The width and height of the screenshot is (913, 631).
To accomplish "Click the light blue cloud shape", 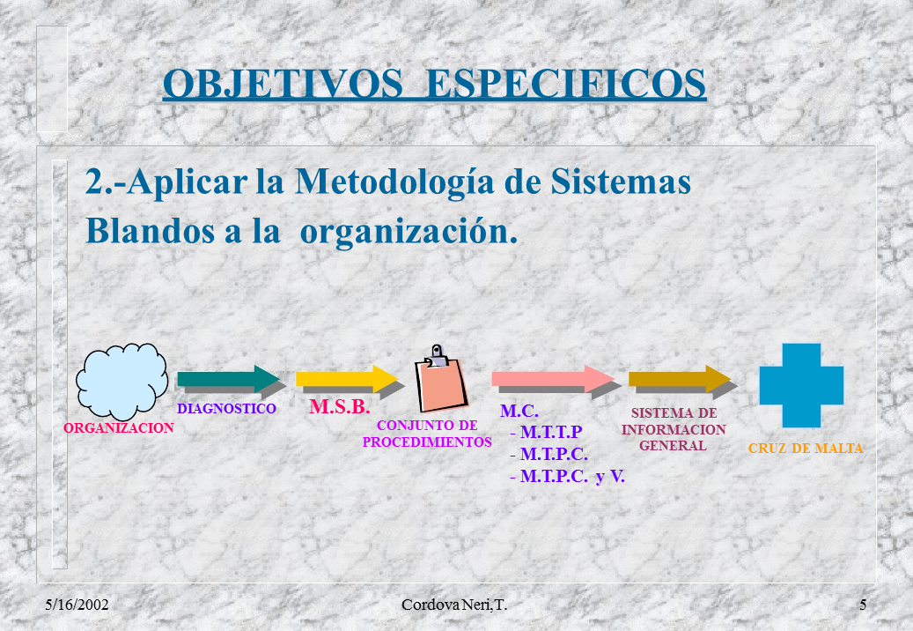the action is point(121,381).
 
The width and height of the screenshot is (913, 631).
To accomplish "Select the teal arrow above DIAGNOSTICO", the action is point(229,379).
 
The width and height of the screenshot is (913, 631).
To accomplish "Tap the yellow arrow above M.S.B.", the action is point(347,379).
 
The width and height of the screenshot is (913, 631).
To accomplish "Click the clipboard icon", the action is point(441,379).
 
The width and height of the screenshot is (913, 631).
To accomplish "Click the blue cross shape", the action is point(801,385).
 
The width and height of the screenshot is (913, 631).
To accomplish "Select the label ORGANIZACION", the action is point(119,428).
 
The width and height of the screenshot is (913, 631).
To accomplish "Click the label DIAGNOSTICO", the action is point(226,408).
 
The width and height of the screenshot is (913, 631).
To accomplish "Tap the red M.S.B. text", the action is point(340,406).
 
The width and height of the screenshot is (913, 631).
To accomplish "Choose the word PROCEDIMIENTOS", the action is point(427,442).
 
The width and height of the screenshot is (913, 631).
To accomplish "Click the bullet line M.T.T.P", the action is point(546,432).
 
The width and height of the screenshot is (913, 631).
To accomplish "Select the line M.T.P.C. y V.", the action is point(567,477).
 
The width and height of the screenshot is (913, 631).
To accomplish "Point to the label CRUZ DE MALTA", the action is point(806,449).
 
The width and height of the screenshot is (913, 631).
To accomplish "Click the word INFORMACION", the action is point(674,429).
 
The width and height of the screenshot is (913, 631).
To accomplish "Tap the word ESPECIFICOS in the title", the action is point(566,84).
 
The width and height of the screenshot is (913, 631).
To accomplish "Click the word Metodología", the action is point(395,182).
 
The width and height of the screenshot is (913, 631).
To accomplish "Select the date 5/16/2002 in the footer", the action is point(77,605).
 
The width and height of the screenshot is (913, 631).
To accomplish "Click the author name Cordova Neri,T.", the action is point(454,605).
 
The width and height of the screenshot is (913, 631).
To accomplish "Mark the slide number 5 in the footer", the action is point(863,605).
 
